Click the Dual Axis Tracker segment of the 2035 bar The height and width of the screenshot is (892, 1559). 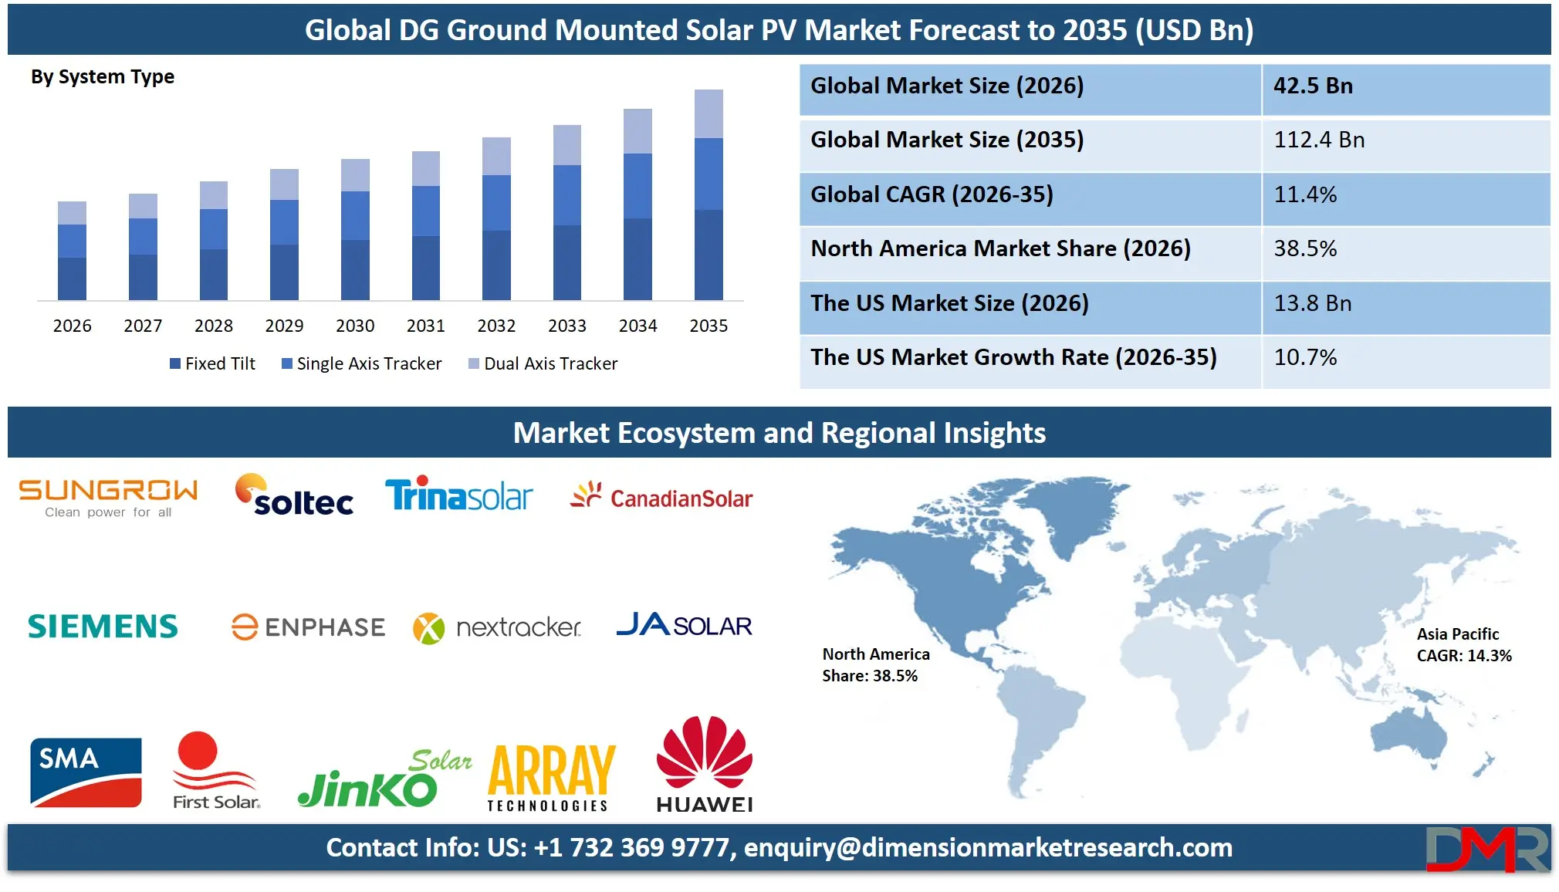(x=708, y=113)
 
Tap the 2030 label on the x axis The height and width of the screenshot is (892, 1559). (x=355, y=326)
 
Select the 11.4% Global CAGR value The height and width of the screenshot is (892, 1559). (x=1305, y=194)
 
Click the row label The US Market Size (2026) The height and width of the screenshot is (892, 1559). (x=949, y=303)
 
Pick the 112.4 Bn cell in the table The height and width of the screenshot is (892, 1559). (x=1319, y=140)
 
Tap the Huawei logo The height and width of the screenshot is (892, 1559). (x=704, y=764)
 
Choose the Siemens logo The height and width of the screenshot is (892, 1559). (x=103, y=627)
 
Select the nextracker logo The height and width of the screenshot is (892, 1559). (x=497, y=627)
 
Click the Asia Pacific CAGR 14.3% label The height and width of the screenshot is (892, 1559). (x=1463, y=645)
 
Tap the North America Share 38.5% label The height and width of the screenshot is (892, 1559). (x=875, y=664)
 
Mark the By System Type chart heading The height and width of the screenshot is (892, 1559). (x=103, y=77)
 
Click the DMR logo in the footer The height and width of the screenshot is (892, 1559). (x=1486, y=849)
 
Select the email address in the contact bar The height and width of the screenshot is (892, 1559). (x=988, y=847)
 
